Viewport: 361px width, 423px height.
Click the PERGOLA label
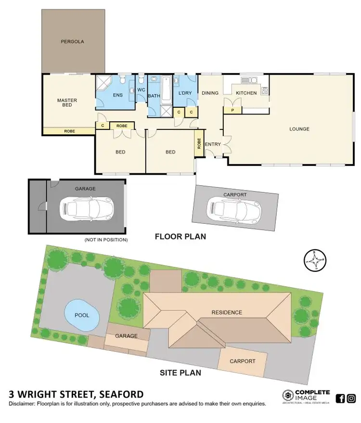pyautogui.click(x=72, y=41)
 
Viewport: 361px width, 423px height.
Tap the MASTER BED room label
pyautogui.click(x=67, y=103)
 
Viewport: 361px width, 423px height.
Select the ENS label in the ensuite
pyautogui.click(x=118, y=95)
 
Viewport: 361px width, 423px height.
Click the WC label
pyautogui.click(x=141, y=90)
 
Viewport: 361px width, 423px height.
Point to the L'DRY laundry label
pyautogui.click(x=185, y=92)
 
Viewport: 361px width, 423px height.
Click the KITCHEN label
pyautogui.click(x=246, y=93)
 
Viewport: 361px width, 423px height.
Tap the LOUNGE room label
pyautogui.click(x=299, y=129)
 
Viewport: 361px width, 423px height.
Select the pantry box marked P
pyautogui.click(x=233, y=110)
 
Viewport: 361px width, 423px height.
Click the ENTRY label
pyautogui.click(x=213, y=144)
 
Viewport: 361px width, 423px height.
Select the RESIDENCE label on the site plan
pyautogui.click(x=227, y=312)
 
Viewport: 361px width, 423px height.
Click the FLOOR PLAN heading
pyautogui.click(x=180, y=236)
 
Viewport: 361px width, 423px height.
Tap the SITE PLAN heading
pyautogui.click(x=180, y=372)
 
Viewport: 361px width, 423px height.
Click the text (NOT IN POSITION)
pyautogui.click(x=106, y=239)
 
